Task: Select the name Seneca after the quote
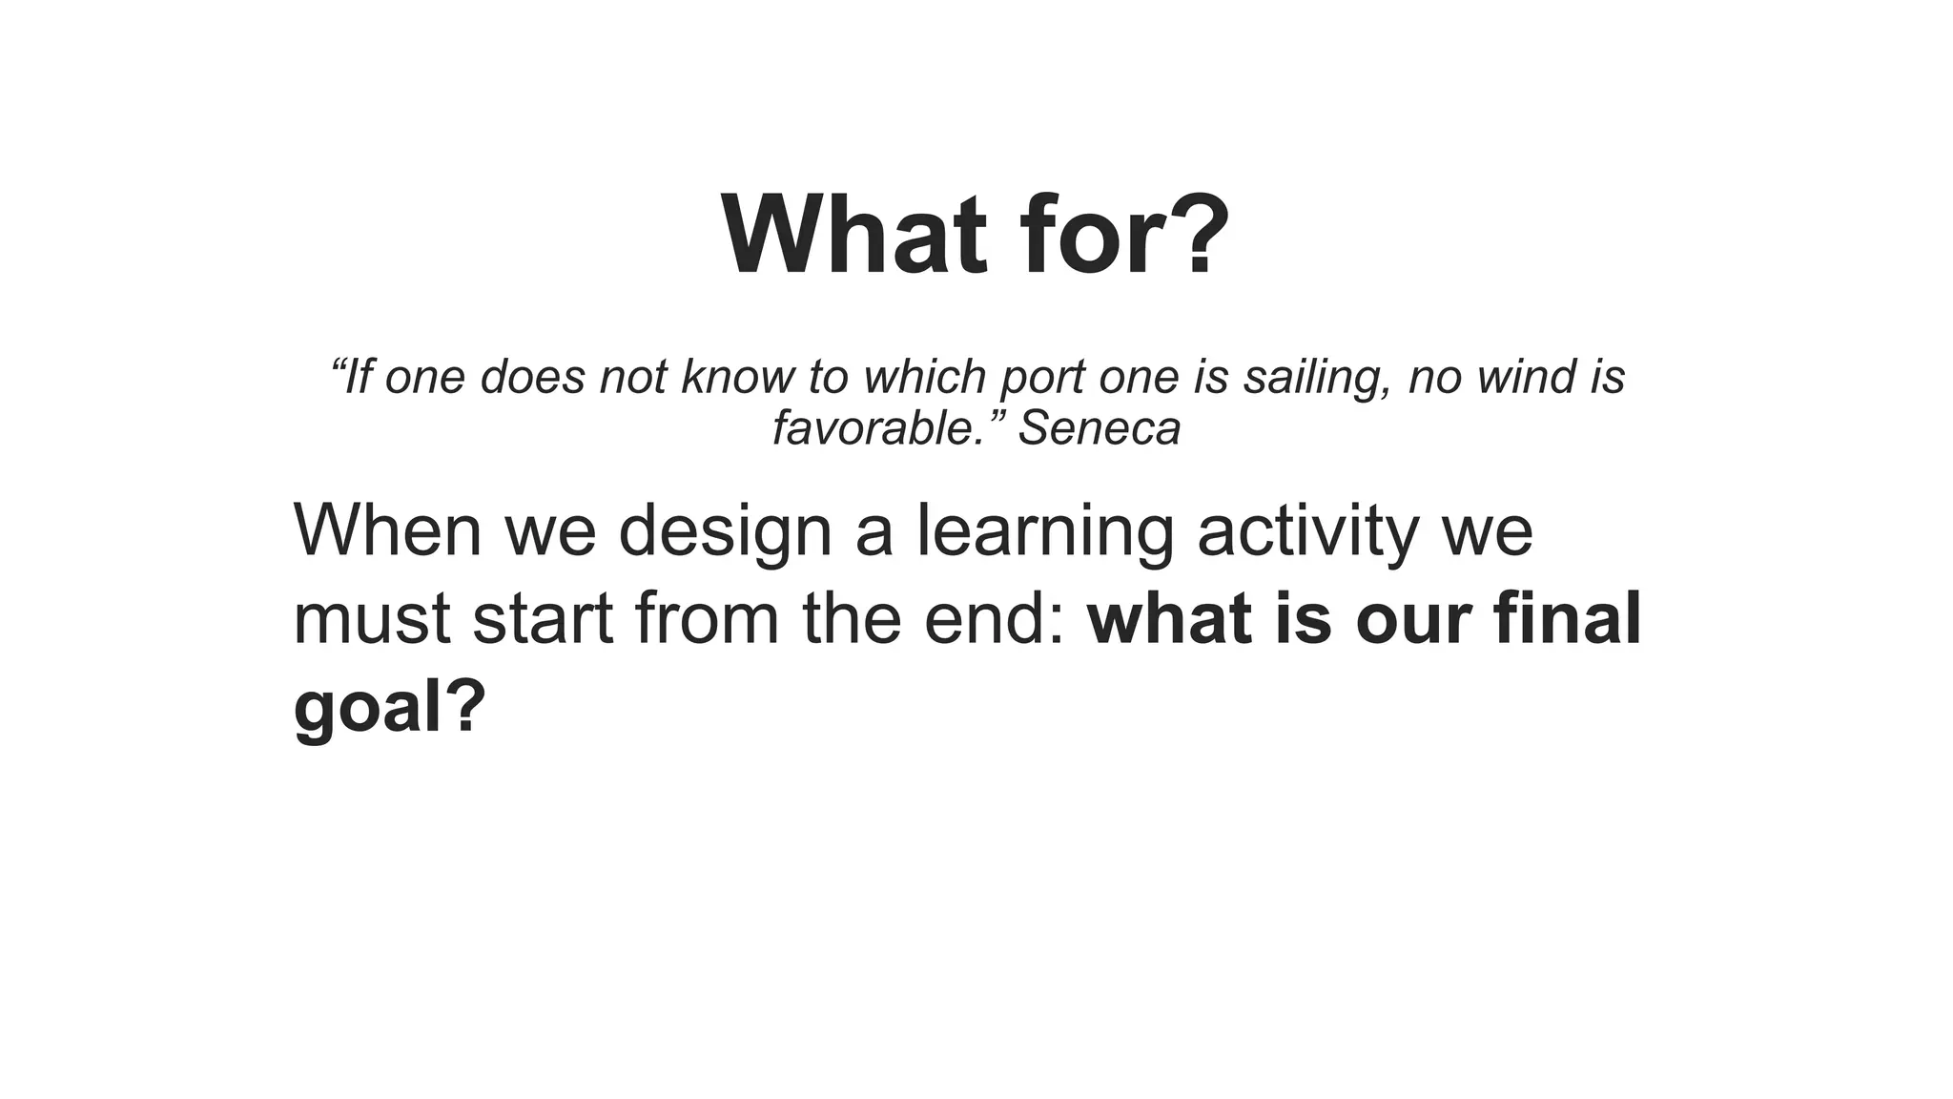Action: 1100,427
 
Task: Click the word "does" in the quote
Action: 532,377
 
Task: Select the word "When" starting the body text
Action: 387,530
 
